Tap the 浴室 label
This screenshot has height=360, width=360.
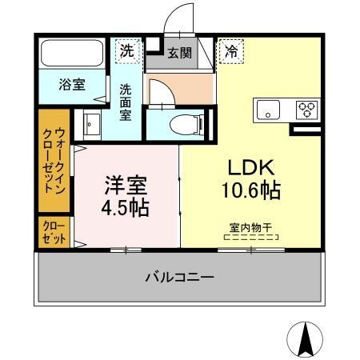coord(72,86)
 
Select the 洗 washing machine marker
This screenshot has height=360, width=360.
coord(127,50)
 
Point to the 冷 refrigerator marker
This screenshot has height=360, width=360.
coord(230,50)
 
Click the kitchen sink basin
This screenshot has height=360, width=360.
coord(268,109)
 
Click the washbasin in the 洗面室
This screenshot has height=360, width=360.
coord(91,126)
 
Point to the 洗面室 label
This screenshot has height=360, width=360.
coord(126,102)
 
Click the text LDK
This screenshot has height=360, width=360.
coord(252,169)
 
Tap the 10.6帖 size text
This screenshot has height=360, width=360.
coord(252,192)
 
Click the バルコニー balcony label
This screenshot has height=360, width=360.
coord(179,278)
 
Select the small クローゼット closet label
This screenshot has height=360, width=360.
coord(54,234)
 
